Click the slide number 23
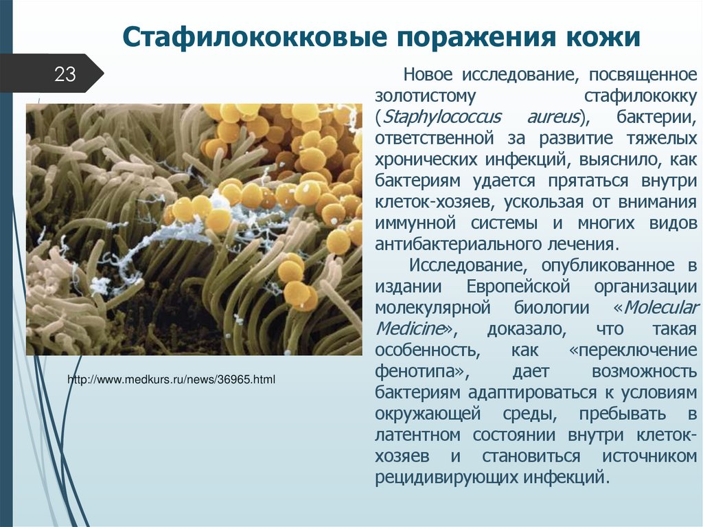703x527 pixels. [65, 74]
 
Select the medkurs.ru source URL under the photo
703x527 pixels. [171, 379]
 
